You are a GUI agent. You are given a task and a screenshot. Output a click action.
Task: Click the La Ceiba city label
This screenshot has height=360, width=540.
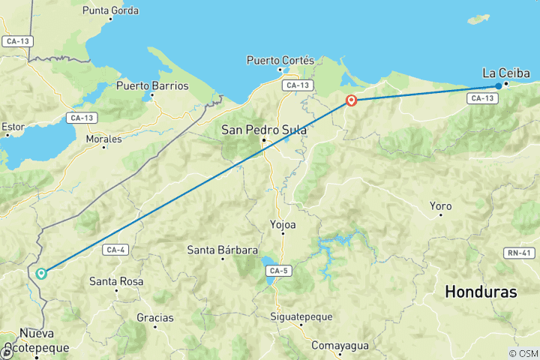505,73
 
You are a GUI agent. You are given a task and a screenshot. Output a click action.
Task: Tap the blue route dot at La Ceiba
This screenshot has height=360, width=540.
499,86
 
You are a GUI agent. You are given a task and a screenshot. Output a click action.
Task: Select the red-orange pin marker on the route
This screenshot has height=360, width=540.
351,100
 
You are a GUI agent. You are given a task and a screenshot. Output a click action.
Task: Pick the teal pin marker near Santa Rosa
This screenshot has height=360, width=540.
41,274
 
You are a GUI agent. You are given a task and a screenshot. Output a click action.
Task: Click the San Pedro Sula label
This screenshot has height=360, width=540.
263,130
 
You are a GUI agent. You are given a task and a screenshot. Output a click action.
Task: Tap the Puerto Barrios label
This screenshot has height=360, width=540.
152,85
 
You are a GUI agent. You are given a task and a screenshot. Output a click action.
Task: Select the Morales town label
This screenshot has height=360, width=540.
103,139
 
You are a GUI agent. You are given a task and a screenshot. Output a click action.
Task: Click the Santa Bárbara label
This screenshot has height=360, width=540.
223,250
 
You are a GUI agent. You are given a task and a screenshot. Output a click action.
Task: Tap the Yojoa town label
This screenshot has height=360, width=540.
282,223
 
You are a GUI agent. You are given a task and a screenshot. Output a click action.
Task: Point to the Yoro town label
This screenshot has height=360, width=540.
440,205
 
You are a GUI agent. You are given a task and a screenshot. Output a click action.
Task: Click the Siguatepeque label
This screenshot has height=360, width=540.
301,316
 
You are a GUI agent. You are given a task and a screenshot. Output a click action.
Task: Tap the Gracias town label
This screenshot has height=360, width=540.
155,317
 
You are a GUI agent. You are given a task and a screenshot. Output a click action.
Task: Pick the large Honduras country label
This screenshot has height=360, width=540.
481,292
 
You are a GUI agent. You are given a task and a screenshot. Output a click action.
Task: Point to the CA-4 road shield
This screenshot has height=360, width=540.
115,250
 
